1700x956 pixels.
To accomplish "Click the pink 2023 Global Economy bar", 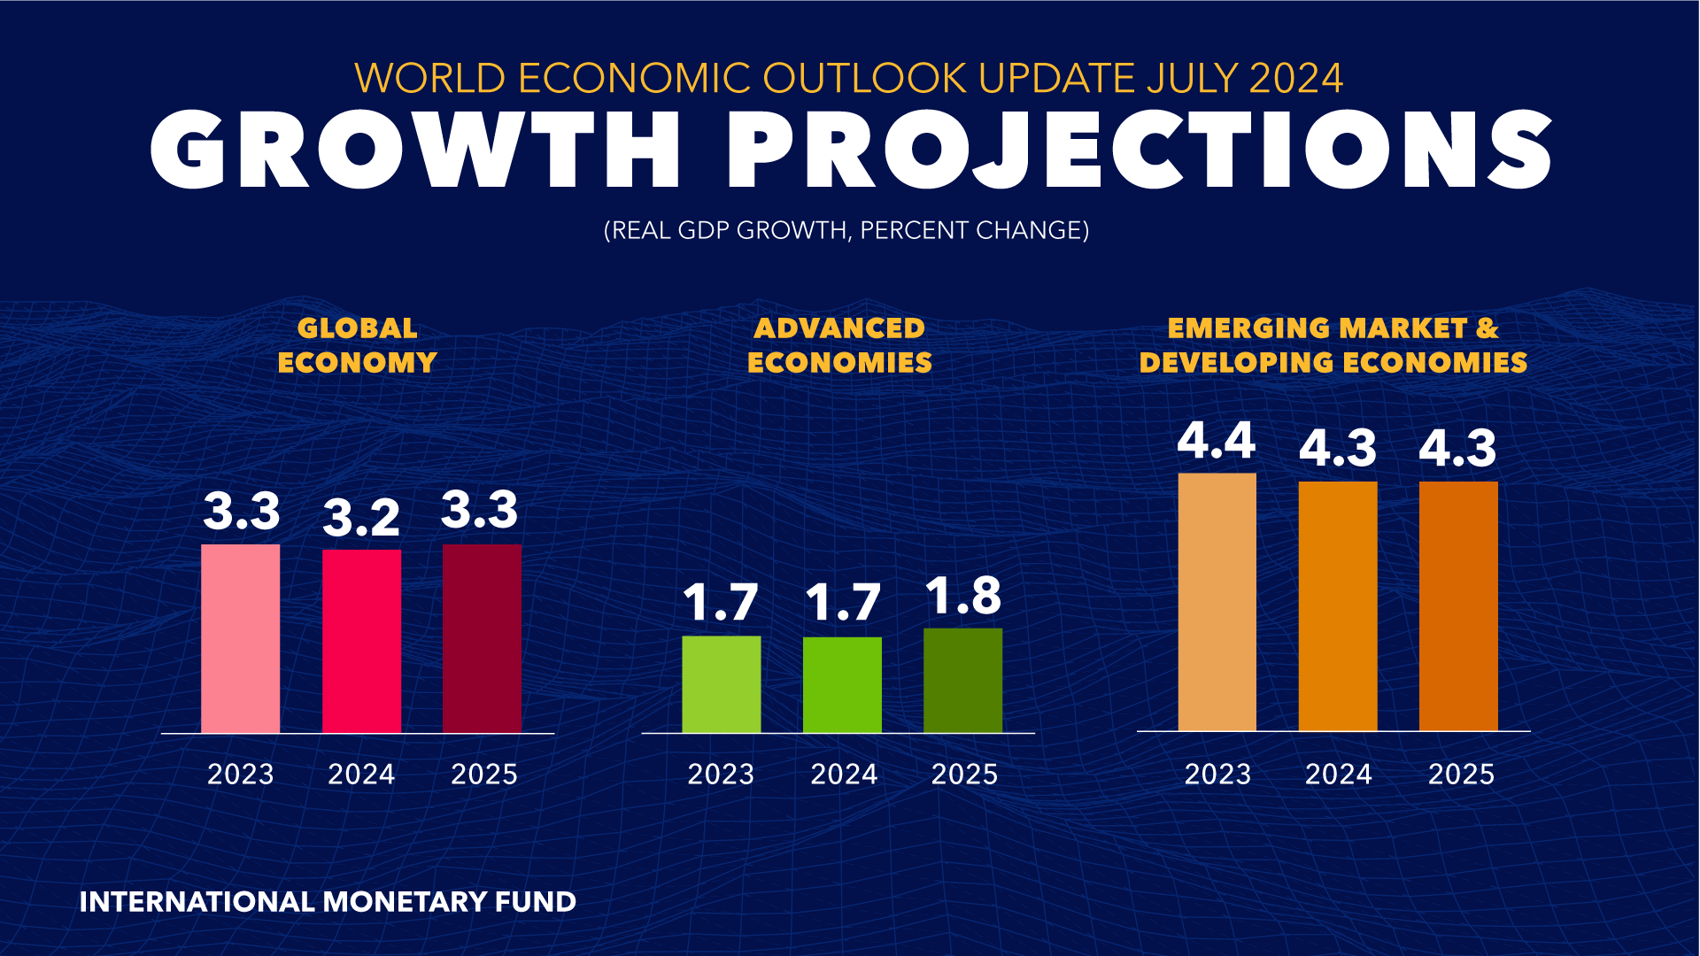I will [240, 638].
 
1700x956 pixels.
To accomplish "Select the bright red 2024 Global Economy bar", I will [361, 641].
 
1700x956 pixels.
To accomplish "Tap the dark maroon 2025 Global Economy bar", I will [482, 638].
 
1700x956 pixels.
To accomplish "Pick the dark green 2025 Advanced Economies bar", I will [962, 680].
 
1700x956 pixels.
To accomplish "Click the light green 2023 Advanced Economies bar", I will [721, 684].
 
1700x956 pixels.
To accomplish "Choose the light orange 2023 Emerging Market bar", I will [1217, 602].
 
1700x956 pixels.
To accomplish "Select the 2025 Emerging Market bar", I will [1458, 606].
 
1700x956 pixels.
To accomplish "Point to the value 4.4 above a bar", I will [1216, 441].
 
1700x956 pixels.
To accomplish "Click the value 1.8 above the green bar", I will [962, 596].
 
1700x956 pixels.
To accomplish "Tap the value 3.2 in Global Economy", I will [361, 518].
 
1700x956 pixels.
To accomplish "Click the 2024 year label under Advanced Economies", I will [843, 775].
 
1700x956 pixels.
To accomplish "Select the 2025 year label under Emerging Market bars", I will [1461, 775].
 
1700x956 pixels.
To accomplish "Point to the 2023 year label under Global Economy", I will [240, 775].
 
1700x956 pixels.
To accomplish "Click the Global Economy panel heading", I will [357, 345].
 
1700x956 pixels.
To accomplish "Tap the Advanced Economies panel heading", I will [839, 345].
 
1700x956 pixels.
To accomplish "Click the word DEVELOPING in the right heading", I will [1236, 363].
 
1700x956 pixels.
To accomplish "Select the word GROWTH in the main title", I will [416, 150].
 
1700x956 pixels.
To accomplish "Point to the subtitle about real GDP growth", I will [846, 230].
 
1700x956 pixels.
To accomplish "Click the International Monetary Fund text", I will [328, 902].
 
